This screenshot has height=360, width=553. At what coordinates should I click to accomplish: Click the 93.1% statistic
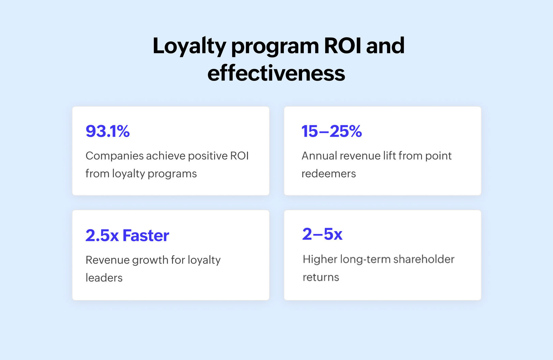[107, 131]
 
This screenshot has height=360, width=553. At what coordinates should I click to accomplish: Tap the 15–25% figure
[331, 131]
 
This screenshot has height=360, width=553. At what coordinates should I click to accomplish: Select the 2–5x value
[322, 234]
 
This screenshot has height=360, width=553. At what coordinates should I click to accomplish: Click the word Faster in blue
[146, 236]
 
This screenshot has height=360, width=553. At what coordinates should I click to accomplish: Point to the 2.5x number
[102, 236]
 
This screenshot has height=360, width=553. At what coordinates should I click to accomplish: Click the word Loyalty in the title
[189, 46]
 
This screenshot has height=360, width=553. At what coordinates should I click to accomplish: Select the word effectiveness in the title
[276, 73]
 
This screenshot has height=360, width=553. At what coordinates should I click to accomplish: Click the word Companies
[115, 156]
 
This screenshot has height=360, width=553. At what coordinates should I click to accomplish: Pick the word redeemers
[329, 174]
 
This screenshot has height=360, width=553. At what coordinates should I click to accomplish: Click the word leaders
[104, 278]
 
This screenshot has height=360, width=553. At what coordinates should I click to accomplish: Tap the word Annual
[319, 156]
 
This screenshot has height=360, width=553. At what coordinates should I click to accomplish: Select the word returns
[321, 277]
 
